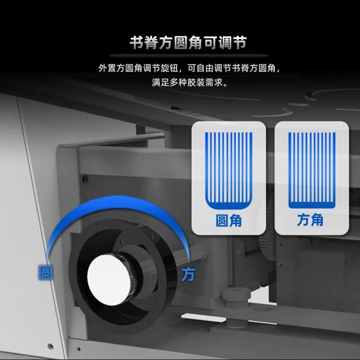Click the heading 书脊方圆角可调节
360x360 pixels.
coord(188,43)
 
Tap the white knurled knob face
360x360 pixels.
coord(108,279)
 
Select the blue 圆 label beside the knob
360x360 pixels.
coord(46,273)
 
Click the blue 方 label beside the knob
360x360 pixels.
coord(188,274)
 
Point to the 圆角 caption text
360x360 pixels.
coord(229,220)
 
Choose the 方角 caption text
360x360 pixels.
coord(310,220)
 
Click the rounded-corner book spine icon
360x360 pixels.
coord(229,171)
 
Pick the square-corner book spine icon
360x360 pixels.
coord(312,171)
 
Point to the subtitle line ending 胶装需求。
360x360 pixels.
coord(189,83)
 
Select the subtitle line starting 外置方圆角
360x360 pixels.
coord(189,68)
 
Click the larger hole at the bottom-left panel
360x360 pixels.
coord(50,346)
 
